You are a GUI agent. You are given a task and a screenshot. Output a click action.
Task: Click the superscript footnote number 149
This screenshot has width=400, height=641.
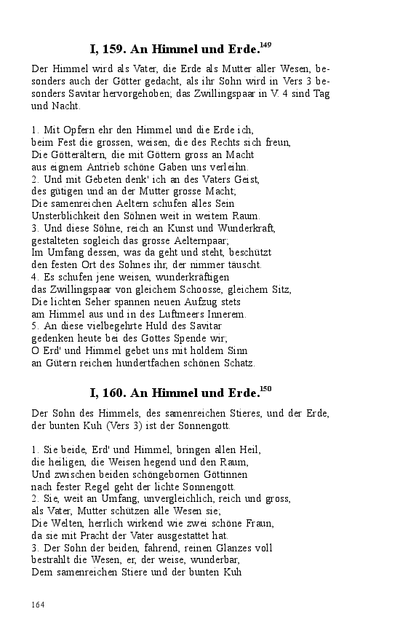pos(265,46)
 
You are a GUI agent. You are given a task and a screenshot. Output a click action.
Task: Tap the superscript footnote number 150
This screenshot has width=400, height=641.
pos(265,389)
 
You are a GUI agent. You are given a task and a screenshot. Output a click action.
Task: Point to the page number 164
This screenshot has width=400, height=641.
pos(39,605)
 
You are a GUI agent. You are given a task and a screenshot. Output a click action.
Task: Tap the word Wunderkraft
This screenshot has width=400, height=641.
pos(249,228)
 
